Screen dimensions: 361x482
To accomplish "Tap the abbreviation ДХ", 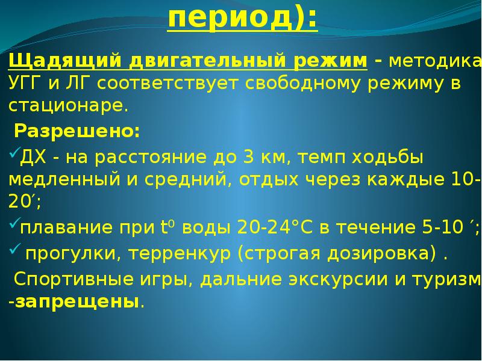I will tap(31, 158).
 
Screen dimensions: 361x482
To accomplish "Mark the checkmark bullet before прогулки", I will tap(13, 251).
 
